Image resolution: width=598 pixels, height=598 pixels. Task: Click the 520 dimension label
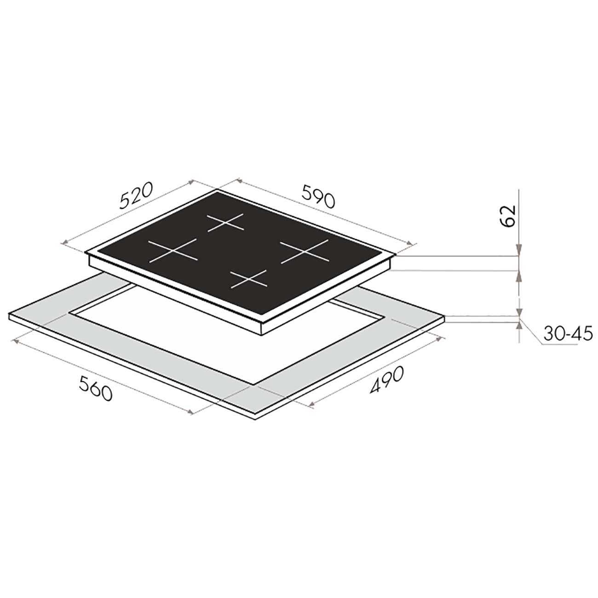[x=137, y=195]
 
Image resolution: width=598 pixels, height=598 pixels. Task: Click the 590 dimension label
[x=319, y=196]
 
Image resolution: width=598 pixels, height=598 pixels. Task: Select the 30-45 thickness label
[x=568, y=333]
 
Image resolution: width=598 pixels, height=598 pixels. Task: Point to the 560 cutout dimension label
[x=95, y=388]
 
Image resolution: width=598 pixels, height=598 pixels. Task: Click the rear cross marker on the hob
[x=225, y=223]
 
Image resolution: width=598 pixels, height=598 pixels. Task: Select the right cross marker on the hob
[x=305, y=252]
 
